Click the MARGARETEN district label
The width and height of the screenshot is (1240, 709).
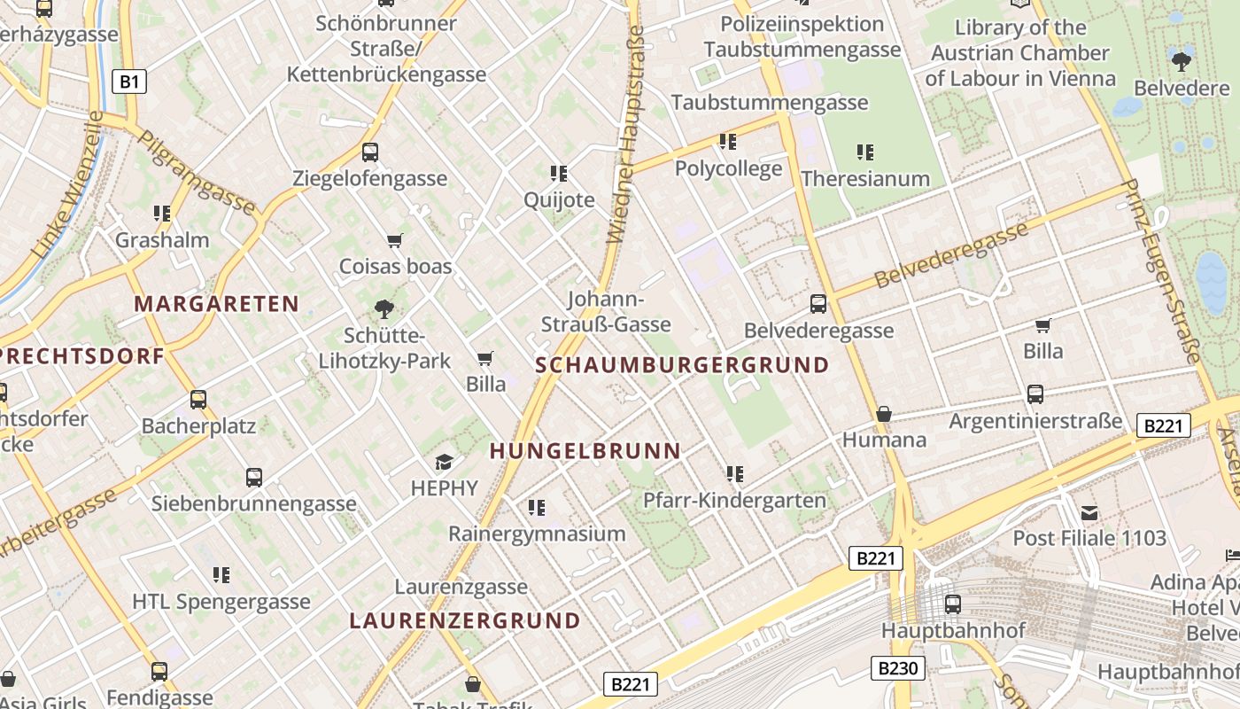pyautogui.click(x=217, y=304)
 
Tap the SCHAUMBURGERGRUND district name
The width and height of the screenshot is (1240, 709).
pyautogui.click(x=682, y=365)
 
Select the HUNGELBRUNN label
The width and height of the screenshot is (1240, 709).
pyautogui.click(x=585, y=451)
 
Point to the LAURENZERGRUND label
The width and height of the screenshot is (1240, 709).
pyautogui.click(x=465, y=620)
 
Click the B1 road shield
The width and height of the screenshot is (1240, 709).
pyautogui.click(x=129, y=82)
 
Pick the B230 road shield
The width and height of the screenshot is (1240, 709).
pyautogui.click(x=898, y=668)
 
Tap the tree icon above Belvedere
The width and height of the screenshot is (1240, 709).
pyautogui.click(x=1182, y=61)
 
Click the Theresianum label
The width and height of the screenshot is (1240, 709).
pyautogui.click(x=865, y=178)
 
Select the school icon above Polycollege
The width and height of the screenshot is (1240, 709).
pyautogui.click(x=728, y=142)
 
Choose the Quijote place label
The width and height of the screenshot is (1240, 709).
pyautogui.click(x=559, y=199)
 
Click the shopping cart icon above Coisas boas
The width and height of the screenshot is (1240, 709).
pyautogui.click(x=395, y=240)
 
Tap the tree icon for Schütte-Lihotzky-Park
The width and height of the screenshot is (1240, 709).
pyautogui.click(x=384, y=309)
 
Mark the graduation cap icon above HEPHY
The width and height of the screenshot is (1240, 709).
pyautogui.click(x=444, y=462)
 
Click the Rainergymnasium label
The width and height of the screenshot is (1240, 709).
pyautogui.click(x=537, y=534)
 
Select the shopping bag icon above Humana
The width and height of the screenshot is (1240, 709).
pyautogui.click(x=883, y=414)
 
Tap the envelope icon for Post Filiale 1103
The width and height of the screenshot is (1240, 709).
pyautogui.click(x=1089, y=512)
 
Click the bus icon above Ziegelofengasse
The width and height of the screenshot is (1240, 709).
pyautogui.click(x=370, y=152)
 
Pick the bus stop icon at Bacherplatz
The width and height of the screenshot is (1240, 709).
pyautogui.click(x=198, y=400)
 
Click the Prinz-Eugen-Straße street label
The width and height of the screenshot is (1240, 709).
pyautogui.click(x=1160, y=270)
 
